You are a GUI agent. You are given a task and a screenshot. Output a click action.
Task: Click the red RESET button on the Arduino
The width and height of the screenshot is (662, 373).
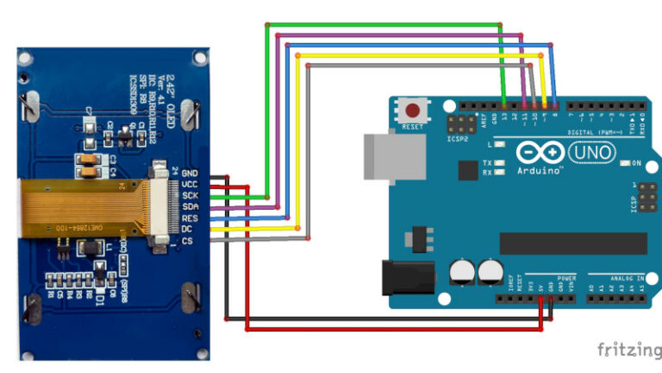(x=415, y=111)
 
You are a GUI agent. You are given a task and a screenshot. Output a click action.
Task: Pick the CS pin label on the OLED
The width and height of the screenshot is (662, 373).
(x=187, y=240)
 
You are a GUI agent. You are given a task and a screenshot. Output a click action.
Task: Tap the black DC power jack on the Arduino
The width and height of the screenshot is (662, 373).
(x=404, y=275)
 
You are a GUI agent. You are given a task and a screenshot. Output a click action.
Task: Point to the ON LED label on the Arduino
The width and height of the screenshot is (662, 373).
(x=637, y=163)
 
